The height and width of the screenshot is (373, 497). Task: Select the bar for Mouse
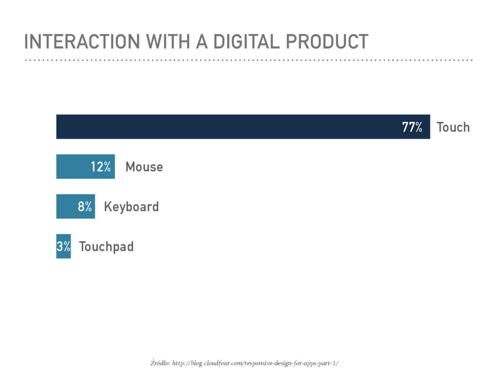[x=73, y=167]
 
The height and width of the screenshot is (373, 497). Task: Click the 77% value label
[x=412, y=127]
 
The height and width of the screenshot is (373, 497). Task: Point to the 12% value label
[x=100, y=167]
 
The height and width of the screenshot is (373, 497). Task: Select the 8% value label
[x=85, y=207]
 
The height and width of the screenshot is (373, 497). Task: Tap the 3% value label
[x=64, y=247]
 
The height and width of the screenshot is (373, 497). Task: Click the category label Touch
[x=453, y=127]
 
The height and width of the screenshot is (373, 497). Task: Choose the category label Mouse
[x=144, y=167]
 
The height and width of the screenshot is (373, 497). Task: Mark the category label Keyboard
[x=131, y=207]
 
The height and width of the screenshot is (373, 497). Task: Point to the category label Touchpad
[x=106, y=247]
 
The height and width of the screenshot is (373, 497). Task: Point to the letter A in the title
[x=201, y=42]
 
